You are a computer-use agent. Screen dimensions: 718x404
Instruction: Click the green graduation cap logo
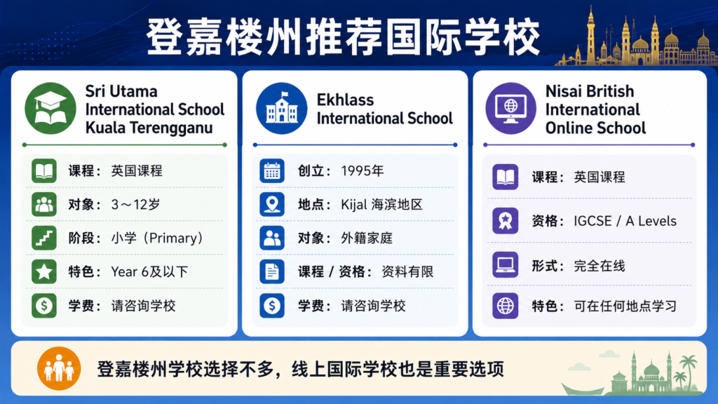pos(50,109)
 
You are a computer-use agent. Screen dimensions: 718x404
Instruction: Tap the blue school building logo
pos(282,109)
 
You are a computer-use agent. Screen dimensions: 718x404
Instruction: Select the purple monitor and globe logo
pos(510,109)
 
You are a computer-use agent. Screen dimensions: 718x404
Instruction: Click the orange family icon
pos(59,368)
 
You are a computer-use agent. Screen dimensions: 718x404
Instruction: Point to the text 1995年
pos(363,171)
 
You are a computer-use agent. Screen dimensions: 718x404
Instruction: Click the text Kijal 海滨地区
pos(381,204)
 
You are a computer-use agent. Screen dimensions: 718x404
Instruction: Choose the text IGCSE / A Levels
pos(625,221)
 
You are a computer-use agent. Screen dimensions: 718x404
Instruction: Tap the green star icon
pos(44,271)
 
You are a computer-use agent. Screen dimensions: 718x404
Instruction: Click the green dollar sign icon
pos(44,306)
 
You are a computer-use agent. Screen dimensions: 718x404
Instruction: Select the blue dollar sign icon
pos(272,306)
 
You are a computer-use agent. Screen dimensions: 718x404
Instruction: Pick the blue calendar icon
pos(272,171)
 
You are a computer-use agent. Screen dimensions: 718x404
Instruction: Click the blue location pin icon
pos(272,204)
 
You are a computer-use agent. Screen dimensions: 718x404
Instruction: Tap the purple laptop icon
pos(505,264)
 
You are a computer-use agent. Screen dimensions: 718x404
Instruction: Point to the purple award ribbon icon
pos(505,221)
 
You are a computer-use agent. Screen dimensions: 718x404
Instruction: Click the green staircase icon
pos(44,238)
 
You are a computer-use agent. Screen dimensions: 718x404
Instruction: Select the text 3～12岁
pos(135,204)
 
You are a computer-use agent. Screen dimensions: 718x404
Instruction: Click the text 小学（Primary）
pos(157,238)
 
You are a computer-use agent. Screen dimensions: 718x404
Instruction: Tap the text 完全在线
pos(600,266)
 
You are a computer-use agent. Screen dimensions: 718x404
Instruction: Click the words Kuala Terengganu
pos(149,128)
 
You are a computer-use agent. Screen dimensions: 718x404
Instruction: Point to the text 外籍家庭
pos(367,238)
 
